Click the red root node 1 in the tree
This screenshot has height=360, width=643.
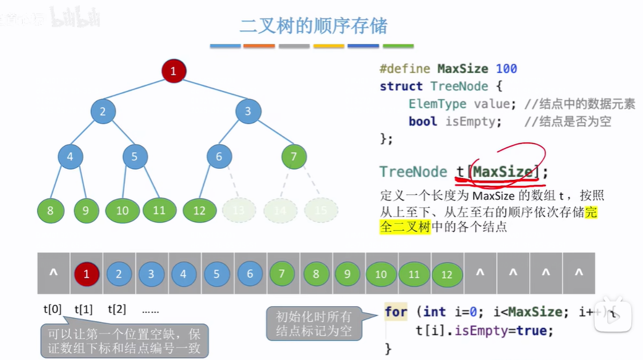[174, 71]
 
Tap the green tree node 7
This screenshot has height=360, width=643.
[294, 156]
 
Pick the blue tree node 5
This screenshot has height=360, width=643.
[135, 156]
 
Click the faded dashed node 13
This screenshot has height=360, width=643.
[239, 210]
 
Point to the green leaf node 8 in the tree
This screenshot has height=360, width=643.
[50, 210]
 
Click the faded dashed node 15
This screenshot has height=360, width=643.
[320, 210]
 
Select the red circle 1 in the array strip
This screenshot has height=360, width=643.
[87, 273]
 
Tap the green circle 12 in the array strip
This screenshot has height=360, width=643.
[447, 274]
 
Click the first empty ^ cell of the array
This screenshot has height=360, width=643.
[53, 273]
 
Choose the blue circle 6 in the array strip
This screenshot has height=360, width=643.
[250, 273]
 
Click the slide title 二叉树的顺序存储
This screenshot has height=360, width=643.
[313, 26]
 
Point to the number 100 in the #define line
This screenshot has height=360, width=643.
[506, 69]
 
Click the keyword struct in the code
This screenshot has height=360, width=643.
[401, 86]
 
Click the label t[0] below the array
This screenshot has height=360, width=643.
[53, 309]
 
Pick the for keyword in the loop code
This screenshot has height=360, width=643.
[396, 311]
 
